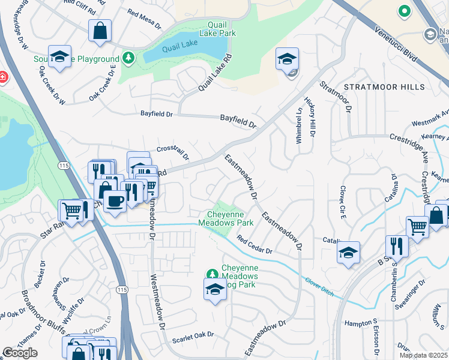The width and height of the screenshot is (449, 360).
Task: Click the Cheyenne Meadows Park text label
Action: pos(231,218)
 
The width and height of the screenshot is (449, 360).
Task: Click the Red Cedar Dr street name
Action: pos(254,245)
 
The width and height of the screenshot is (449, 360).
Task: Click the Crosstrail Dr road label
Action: pos(173,152)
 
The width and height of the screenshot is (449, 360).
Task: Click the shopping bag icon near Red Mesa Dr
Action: pos(100,30)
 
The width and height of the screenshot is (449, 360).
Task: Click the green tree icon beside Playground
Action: pos(127,58)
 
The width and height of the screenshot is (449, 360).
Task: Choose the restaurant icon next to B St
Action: pos(397,245)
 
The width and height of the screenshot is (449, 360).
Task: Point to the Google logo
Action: pos(20,353)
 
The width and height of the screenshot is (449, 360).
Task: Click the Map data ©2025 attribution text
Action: pos(423,355)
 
